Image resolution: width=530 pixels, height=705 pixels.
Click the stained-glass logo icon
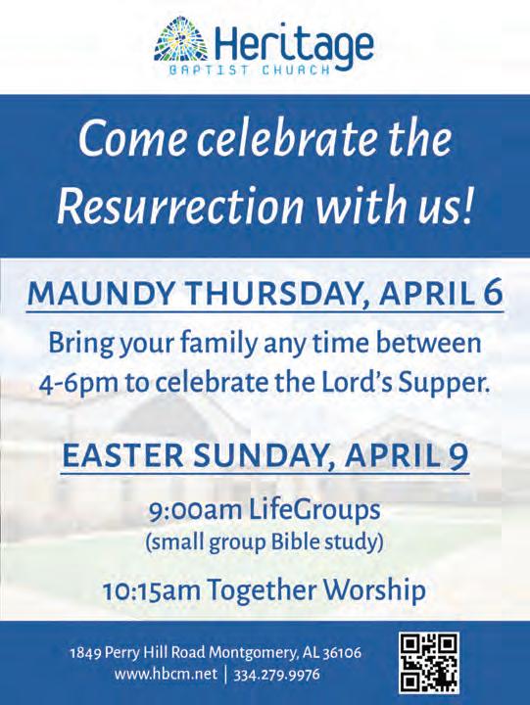[181, 43]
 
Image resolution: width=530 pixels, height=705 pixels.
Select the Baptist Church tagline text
[249, 70]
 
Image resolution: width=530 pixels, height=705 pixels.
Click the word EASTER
[122, 455]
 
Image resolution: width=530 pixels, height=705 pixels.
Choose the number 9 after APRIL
[458, 456]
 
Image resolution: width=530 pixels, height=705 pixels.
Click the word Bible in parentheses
[290, 542]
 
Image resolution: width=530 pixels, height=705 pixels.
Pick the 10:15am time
[151, 590]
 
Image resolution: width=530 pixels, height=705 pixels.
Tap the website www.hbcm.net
[166, 675]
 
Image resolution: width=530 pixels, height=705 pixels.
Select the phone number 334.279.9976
[276, 675]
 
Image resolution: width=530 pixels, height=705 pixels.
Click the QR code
[429, 662]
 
